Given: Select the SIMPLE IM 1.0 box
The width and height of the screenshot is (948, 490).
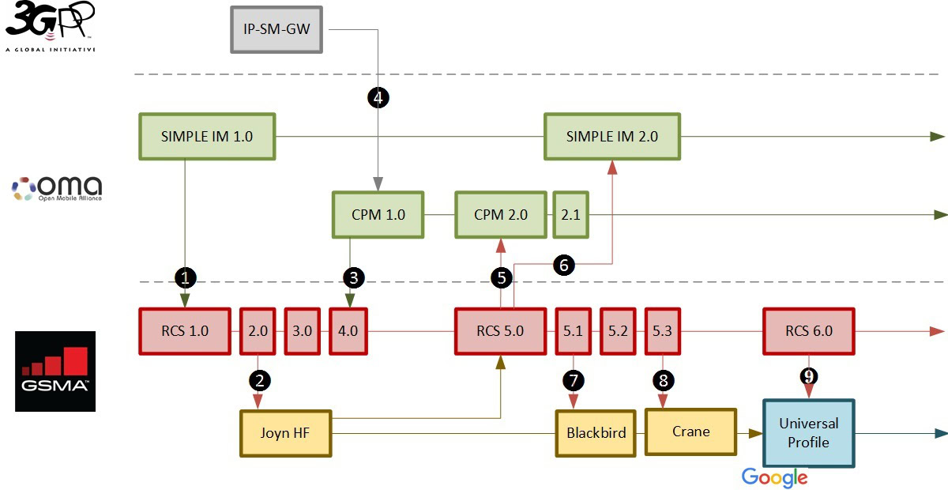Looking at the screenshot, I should (x=207, y=136).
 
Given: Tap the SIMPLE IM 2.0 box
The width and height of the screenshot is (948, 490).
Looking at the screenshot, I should (x=611, y=136).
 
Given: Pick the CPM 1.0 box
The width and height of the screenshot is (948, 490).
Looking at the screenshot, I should (x=378, y=214).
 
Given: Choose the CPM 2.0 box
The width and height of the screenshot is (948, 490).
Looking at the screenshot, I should (x=501, y=214).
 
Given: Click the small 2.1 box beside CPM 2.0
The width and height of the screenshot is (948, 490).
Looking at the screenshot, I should (x=570, y=214).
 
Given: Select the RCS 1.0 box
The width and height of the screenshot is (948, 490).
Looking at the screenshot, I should (x=186, y=330).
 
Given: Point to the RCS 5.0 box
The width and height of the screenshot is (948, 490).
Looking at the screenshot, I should (x=501, y=330).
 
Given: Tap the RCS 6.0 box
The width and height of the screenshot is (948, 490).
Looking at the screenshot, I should (x=809, y=330).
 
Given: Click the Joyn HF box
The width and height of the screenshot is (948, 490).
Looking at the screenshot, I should (x=286, y=433).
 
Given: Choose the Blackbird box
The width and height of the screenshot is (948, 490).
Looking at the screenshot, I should (x=596, y=433).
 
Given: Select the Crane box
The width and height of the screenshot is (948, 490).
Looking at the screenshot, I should (x=690, y=432).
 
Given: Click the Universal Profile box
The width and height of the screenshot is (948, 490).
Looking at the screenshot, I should (x=809, y=433).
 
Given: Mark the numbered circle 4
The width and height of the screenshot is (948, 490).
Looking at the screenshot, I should (x=378, y=97).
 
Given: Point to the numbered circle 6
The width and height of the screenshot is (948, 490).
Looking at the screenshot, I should (x=563, y=266).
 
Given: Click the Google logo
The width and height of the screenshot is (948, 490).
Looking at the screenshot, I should (x=774, y=477).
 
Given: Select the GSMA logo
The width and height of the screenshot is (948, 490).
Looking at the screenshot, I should (x=55, y=371).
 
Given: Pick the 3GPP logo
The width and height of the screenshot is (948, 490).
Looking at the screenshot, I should (x=51, y=26).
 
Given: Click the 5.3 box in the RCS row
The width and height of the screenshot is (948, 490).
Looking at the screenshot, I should (x=662, y=330).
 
